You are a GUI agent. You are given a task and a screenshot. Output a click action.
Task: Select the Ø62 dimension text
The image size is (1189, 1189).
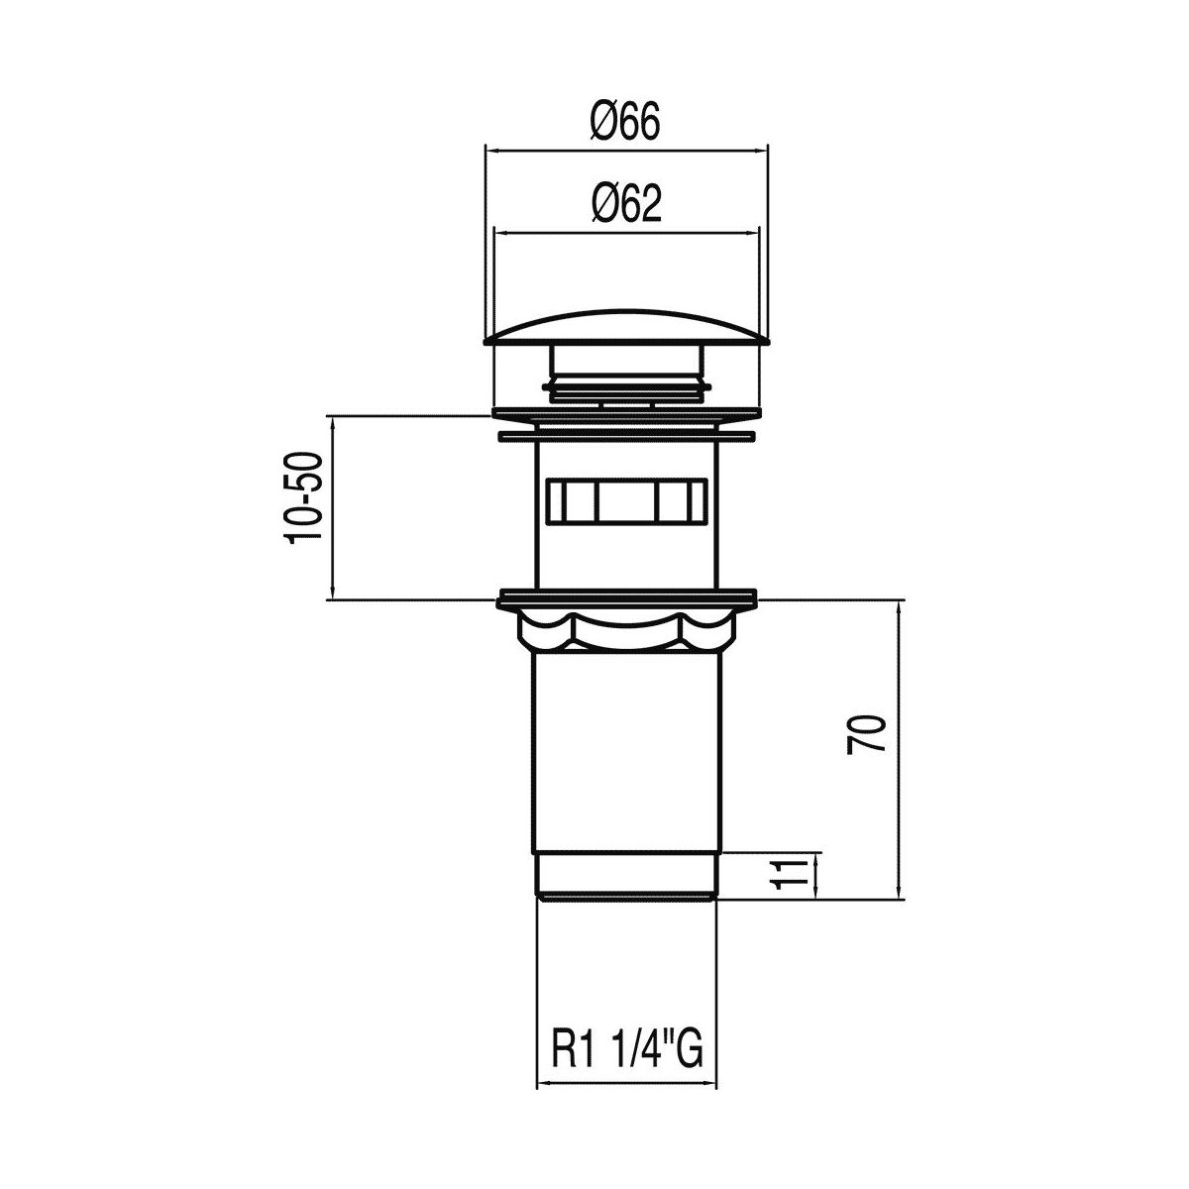626,203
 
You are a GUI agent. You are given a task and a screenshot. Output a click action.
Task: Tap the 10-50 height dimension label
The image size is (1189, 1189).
303,498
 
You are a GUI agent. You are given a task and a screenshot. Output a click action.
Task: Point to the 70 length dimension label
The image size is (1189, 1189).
866,734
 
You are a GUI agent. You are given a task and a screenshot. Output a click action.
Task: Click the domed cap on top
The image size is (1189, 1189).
626,328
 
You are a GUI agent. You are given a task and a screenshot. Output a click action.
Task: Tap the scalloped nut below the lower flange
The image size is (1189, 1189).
626,632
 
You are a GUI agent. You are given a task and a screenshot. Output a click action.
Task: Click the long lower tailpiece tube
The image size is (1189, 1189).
626,753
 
